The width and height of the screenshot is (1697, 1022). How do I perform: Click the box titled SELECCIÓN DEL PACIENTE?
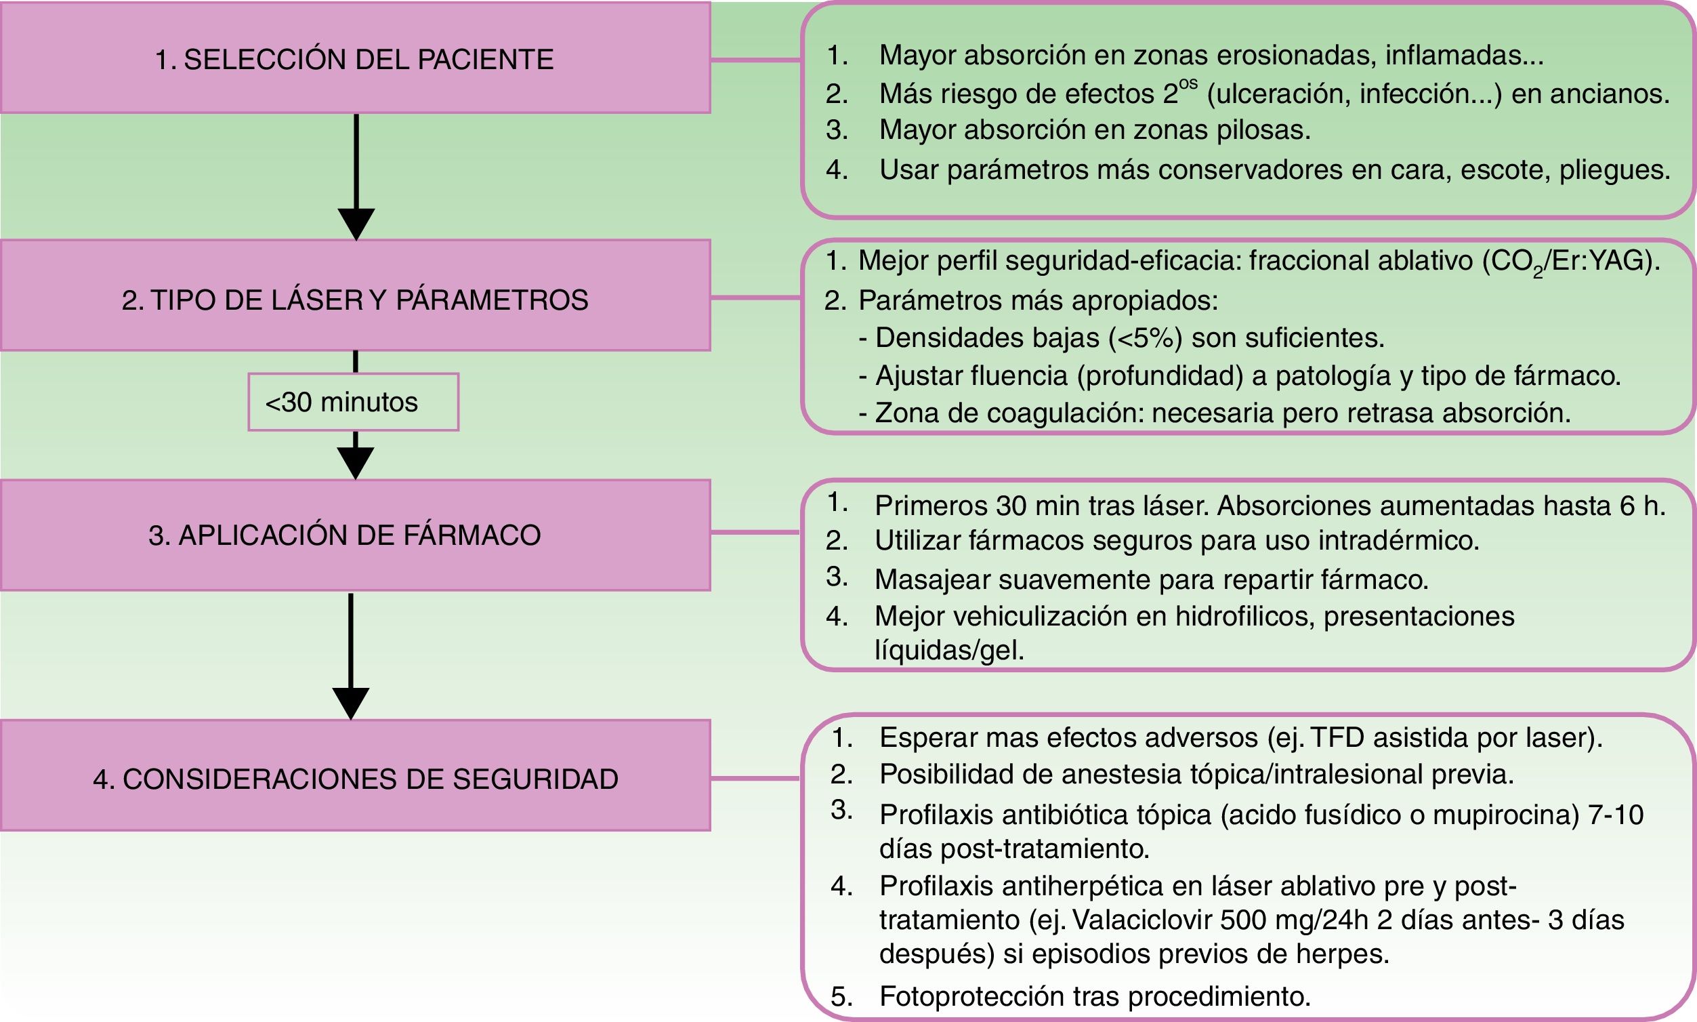[x=354, y=58]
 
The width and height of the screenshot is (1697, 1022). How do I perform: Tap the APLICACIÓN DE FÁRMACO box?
[x=354, y=535]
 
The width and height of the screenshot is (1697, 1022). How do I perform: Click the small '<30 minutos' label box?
[x=353, y=402]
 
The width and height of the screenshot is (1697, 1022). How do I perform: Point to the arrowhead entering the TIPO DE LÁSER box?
[x=356, y=223]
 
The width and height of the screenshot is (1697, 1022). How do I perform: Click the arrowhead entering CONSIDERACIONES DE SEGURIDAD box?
[x=350, y=702]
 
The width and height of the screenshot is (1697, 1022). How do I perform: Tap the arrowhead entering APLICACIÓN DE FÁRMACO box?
[x=355, y=462]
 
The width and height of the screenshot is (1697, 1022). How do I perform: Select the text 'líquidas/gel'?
[x=948, y=651]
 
